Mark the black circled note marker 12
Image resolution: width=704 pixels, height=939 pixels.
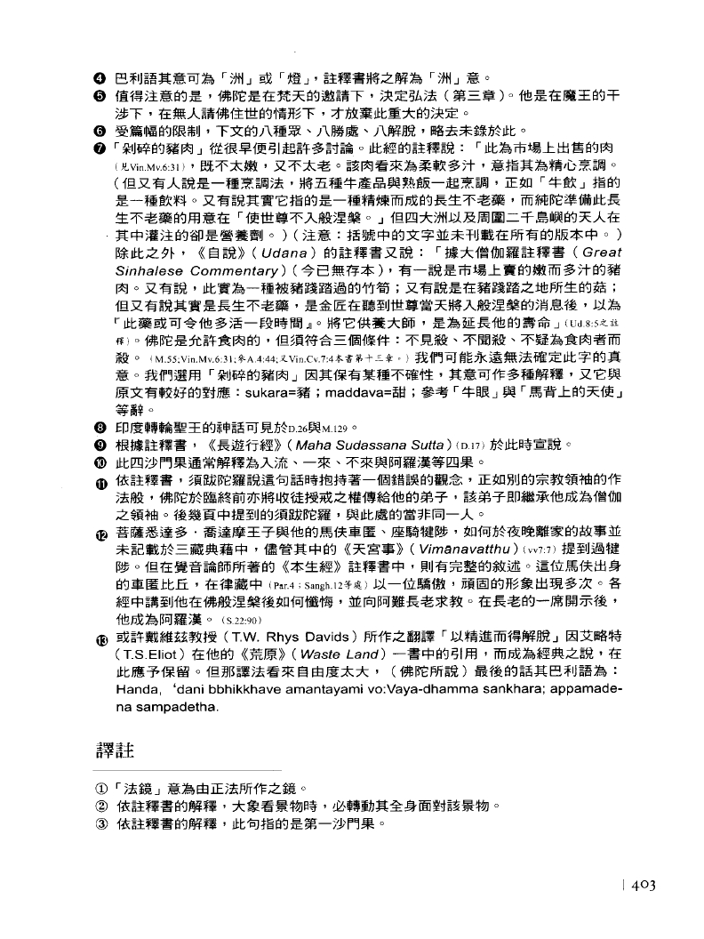click(103, 533)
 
